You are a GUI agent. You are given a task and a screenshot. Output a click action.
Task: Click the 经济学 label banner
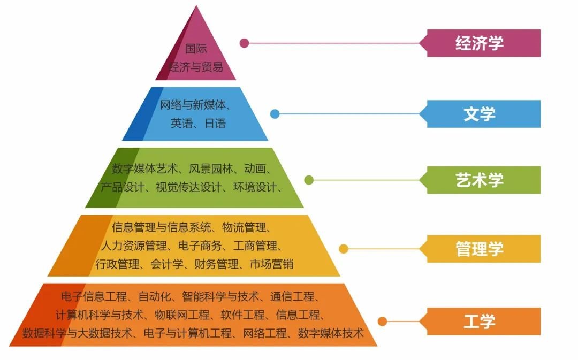(x=480, y=43)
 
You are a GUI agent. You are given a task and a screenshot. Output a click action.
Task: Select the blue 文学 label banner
(x=480, y=114)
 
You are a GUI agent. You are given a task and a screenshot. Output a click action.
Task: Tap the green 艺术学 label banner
(x=480, y=180)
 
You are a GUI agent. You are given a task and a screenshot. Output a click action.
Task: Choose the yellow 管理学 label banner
(x=480, y=249)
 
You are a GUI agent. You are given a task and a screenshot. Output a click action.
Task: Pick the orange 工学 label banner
(x=480, y=321)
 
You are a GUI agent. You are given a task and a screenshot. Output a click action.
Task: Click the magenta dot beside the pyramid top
(x=244, y=43)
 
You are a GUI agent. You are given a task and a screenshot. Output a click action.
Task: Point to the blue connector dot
(x=275, y=114)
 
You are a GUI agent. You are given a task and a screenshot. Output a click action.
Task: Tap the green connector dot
(x=309, y=180)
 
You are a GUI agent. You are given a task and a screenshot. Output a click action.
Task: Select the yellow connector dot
(x=344, y=249)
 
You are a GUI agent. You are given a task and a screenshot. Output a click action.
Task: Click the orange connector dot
(x=382, y=321)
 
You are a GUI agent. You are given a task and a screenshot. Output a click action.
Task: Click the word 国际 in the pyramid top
(x=196, y=49)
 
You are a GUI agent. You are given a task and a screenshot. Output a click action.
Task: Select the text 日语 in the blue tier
(x=215, y=123)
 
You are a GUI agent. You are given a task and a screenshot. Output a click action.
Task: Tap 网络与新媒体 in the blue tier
(x=193, y=105)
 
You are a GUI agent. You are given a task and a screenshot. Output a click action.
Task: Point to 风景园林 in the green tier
(x=211, y=168)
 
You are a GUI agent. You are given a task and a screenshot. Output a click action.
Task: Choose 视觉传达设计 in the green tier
(x=189, y=187)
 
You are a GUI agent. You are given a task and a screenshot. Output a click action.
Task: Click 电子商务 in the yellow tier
(x=200, y=246)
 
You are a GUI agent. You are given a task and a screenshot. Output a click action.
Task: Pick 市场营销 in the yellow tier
(x=272, y=264)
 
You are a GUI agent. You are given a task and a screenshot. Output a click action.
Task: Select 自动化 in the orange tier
(x=155, y=296)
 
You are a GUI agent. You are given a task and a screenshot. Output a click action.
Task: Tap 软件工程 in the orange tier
(x=243, y=315)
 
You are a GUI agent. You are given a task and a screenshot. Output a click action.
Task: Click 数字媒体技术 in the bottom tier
(x=331, y=333)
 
